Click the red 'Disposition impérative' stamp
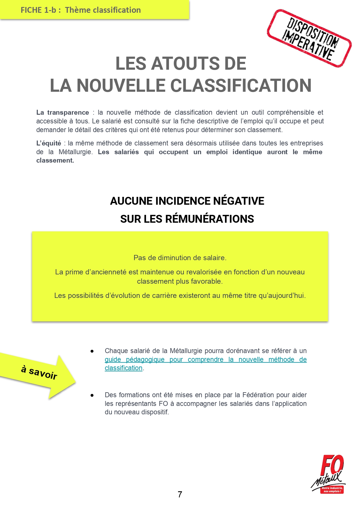click(x=309, y=38)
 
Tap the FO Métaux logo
click(x=329, y=474)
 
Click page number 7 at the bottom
click(x=180, y=494)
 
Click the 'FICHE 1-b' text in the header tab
click(x=38, y=10)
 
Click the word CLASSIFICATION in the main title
click(x=241, y=86)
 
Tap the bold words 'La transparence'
click(x=62, y=112)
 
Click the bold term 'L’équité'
click(x=48, y=143)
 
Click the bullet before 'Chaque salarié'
click(x=92, y=351)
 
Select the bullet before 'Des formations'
click(x=92, y=395)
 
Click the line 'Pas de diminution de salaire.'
click(x=180, y=258)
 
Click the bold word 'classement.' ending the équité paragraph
click(x=55, y=160)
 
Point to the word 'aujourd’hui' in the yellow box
click(x=287, y=296)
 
